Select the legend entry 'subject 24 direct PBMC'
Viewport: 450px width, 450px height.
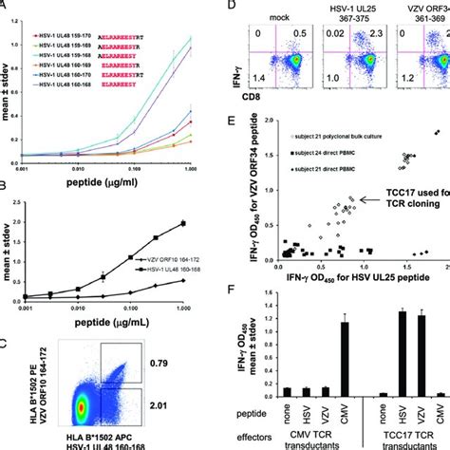(322, 151)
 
